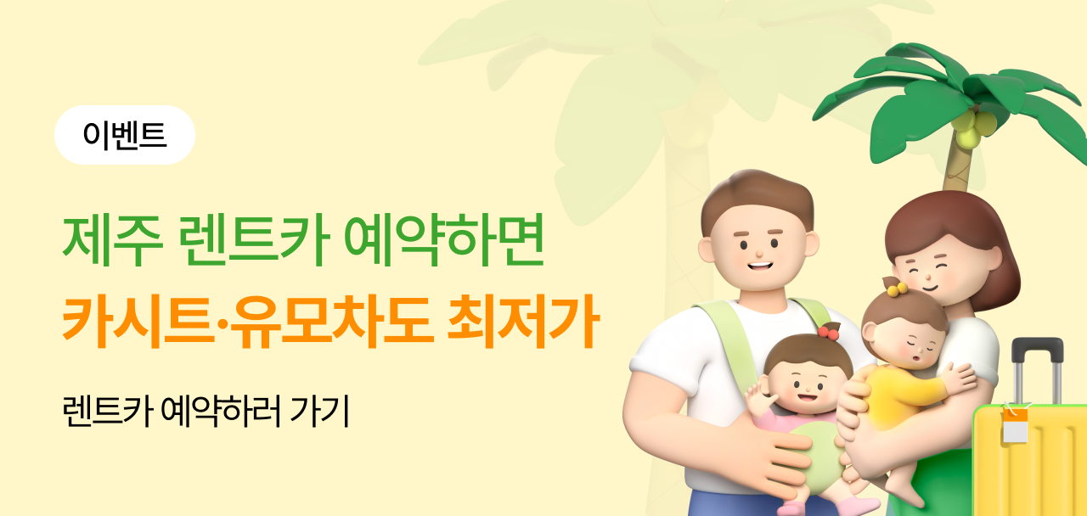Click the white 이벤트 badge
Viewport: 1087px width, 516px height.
(125, 135)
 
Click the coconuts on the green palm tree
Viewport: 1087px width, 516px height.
(972, 127)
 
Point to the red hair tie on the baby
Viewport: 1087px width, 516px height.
(828, 332)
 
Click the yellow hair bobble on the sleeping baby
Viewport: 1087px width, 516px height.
(896, 289)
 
